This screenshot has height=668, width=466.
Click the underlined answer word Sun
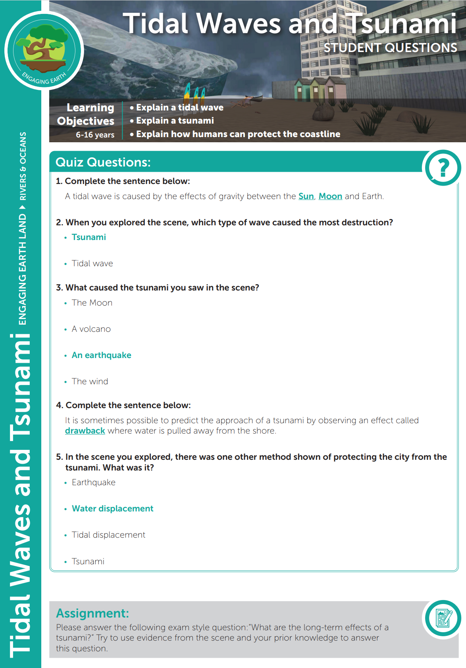click(306, 196)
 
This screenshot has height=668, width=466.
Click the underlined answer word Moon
click(330, 196)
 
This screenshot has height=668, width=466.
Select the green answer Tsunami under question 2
click(89, 237)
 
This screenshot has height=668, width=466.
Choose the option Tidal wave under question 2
click(92, 263)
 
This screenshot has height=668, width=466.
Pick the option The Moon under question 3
click(92, 303)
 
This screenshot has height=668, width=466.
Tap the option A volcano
click(91, 329)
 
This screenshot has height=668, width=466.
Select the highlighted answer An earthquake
click(101, 355)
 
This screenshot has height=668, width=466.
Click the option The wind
click(90, 381)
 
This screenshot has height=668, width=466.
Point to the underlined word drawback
click(85, 431)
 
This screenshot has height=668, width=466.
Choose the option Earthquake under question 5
click(93, 482)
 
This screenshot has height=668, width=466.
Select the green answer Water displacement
click(112, 509)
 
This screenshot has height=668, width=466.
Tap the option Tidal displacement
click(108, 535)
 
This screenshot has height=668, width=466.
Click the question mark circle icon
click(443, 168)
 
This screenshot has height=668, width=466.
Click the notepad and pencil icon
click(443, 618)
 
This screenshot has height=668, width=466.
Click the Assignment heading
click(92, 613)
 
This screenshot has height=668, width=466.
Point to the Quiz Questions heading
click(103, 162)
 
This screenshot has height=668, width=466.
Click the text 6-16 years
click(95, 135)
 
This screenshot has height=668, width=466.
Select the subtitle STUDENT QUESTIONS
click(390, 48)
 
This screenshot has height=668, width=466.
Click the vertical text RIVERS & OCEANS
click(23, 166)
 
